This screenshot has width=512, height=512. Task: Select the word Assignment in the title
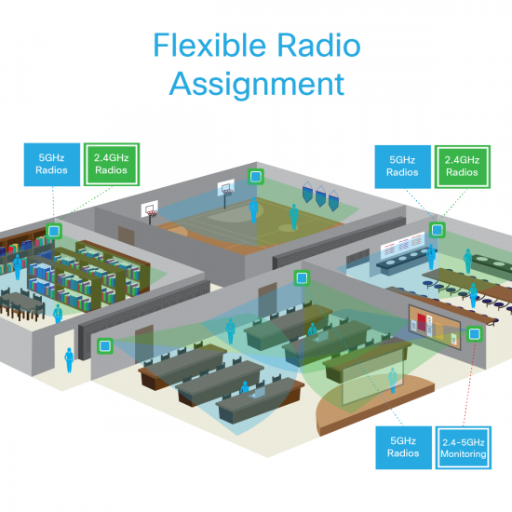(x=256, y=84)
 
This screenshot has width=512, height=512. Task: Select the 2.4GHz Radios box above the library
(x=112, y=165)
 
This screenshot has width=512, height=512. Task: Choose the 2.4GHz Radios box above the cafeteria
(x=463, y=165)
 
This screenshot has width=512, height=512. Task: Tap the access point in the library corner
(x=55, y=229)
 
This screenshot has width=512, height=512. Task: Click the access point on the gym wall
(x=253, y=176)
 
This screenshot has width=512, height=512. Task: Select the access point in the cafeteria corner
(x=437, y=229)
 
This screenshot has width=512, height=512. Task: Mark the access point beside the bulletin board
(x=475, y=332)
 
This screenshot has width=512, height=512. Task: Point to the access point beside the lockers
(x=107, y=345)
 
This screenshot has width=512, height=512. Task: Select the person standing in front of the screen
(x=392, y=379)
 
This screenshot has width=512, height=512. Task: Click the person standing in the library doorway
(x=67, y=359)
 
